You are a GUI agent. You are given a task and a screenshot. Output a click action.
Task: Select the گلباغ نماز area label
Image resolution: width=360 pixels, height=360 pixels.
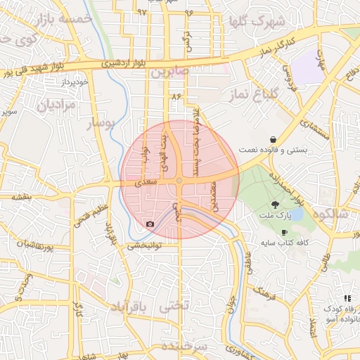[274, 94]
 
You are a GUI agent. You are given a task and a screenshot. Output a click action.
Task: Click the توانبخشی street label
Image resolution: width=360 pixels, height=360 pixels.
[144, 246]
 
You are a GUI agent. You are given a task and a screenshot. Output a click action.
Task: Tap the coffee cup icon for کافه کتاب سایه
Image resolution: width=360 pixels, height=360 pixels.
[284, 231]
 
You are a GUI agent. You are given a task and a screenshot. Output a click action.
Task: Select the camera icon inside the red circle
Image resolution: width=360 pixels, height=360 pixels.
[149, 224]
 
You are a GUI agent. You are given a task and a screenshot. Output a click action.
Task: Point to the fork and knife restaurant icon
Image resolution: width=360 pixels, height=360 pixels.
[347, 299]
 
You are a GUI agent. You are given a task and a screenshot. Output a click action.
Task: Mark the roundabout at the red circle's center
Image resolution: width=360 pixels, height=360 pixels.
[179, 181]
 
